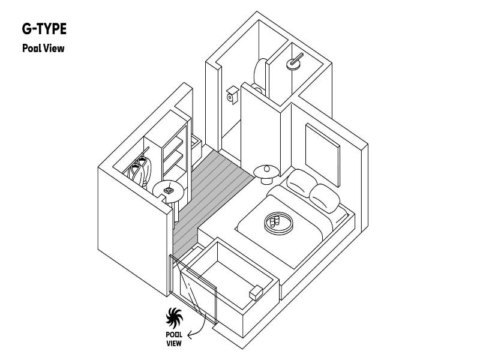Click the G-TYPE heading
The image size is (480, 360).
click(44, 29)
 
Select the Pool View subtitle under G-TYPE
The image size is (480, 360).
click(43, 49)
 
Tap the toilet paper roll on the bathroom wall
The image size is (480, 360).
click(232, 95)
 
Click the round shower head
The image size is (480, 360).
click(294, 62)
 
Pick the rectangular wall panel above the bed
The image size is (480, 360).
click(323, 155)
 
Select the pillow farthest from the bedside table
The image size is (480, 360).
click(325, 199)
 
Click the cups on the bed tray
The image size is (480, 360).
click(274, 220)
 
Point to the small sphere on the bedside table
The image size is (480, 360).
click(267, 168)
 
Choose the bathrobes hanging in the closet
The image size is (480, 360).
click(141, 172)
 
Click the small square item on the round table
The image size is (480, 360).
click(169, 190)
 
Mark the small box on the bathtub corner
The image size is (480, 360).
click(256, 293)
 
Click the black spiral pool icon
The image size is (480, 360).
click(174, 319)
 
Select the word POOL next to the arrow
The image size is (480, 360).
click(174, 335)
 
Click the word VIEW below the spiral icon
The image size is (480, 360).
click(174, 343)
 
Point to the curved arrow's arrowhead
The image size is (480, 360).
click(190, 335)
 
